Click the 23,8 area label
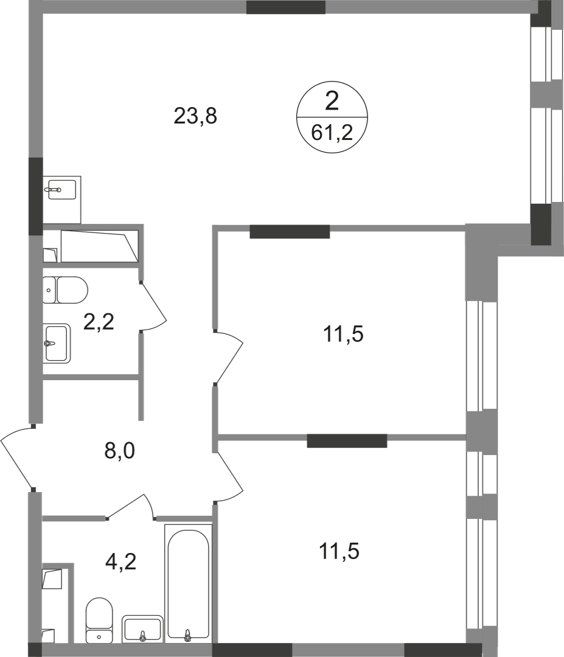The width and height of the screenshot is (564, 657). pos(195,116)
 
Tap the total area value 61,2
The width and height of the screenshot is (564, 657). pos(332,133)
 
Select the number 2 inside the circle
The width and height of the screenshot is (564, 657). pos(332,102)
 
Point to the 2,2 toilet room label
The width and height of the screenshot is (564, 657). pos(99,322)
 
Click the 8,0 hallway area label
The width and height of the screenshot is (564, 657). pos(119,451)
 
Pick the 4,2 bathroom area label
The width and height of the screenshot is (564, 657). pos(120,561)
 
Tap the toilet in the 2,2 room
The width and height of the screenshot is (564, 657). pos(65,290)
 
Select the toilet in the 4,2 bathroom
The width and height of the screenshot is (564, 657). pos(99,623)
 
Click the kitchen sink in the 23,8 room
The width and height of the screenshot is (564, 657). pos(61,200)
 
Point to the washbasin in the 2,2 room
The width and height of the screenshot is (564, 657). pos(57,343)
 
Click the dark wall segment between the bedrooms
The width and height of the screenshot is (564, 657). pos(347,441)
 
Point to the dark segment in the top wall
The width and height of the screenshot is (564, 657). pos(286,7)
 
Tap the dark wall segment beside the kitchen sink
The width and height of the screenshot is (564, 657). pos(36,196)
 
